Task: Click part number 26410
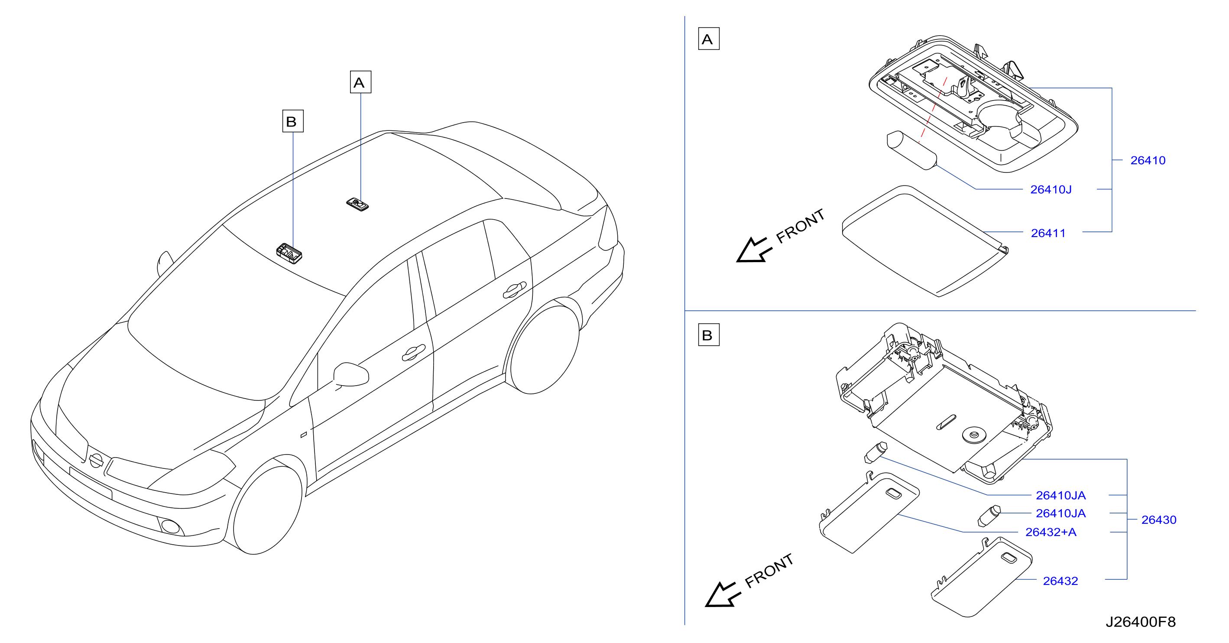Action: (1148, 160)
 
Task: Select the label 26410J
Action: (1051, 189)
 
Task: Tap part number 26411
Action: (1048, 233)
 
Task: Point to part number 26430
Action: (1158, 520)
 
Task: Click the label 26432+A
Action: (1051, 532)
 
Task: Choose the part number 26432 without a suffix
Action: (1060, 581)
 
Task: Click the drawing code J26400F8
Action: (1140, 622)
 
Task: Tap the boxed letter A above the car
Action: (360, 82)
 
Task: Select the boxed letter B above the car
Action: (292, 121)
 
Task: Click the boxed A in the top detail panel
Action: (708, 39)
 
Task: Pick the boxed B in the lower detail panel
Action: (708, 334)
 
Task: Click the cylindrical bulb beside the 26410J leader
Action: (911, 150)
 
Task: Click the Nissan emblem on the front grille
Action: (96, 460)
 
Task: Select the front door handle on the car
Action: (413, 352)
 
